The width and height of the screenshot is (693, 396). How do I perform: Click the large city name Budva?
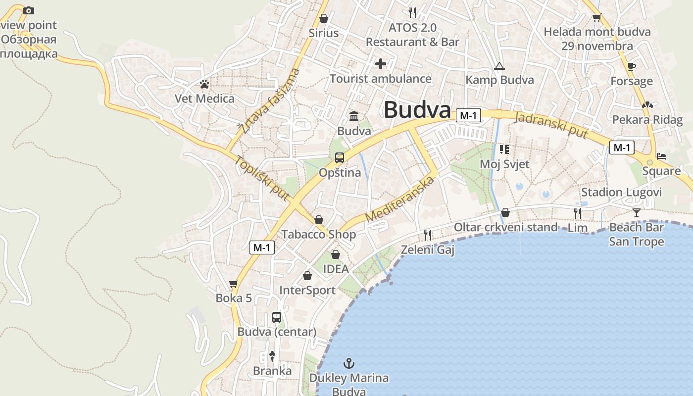click(417, 110)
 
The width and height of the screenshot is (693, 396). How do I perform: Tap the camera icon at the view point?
click(29, 10)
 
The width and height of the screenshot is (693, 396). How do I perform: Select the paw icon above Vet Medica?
click(204, 84)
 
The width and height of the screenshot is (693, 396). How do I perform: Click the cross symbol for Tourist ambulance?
click(380, 64)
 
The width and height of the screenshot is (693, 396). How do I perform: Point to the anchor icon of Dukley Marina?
click(349, 364)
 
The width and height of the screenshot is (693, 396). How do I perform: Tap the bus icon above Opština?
click(339, 158)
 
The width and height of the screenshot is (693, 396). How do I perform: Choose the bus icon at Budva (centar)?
click(277, 317)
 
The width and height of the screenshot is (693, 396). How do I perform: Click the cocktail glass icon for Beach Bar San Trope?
click(637, 213)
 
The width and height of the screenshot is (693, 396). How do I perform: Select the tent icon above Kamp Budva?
click(499, 66)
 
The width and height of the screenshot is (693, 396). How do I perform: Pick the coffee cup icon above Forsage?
click(631, 66)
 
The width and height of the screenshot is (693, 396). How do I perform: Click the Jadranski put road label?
click(551, 125)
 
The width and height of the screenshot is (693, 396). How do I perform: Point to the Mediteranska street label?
click(399, 199)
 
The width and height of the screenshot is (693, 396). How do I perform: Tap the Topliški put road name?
click(262, 178)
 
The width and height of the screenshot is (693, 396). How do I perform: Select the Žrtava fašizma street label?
click(270, 101)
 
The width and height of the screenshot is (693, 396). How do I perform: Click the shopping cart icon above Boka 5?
click(234, 284)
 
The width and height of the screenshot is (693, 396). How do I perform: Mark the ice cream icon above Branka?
click(272, 355)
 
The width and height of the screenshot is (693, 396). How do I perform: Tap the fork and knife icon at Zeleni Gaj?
click(428, 235)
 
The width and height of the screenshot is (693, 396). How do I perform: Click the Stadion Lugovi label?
click(621, 192)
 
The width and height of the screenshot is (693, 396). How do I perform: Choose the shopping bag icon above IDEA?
click(336, 254)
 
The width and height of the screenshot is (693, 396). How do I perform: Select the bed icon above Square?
click(661, 156)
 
